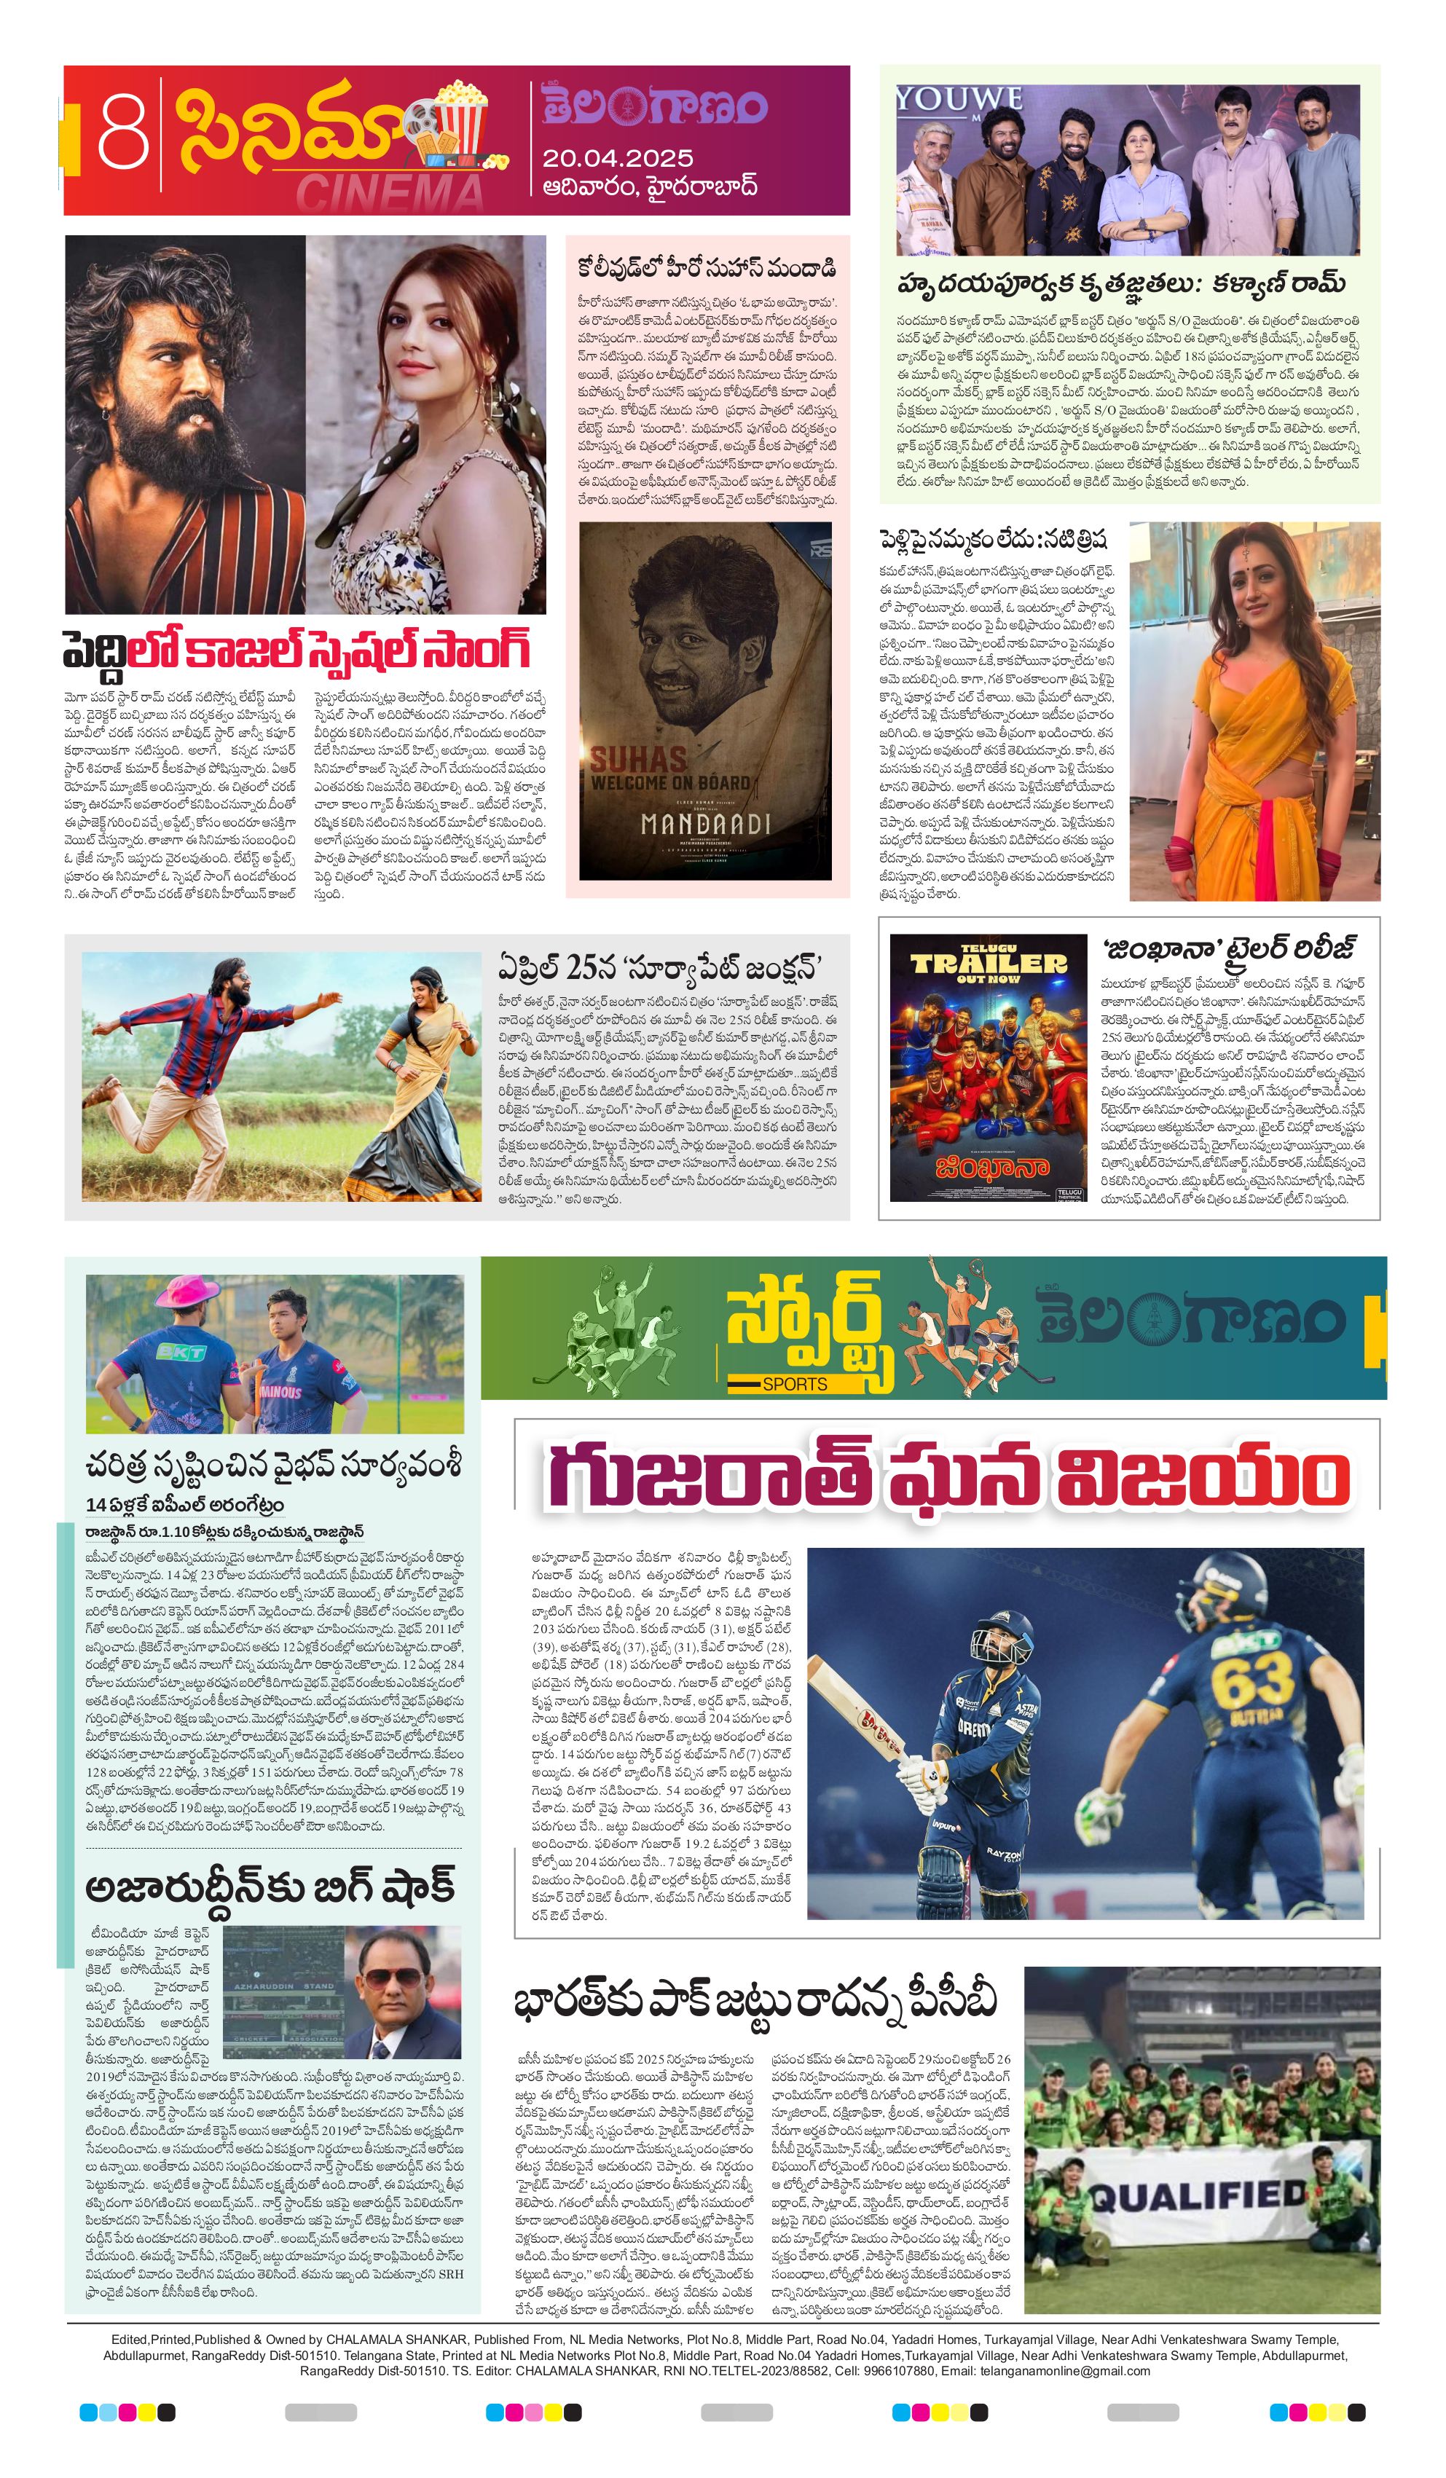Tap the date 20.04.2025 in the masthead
[x=617, y=158]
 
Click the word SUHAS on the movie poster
[x=637, y=758]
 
